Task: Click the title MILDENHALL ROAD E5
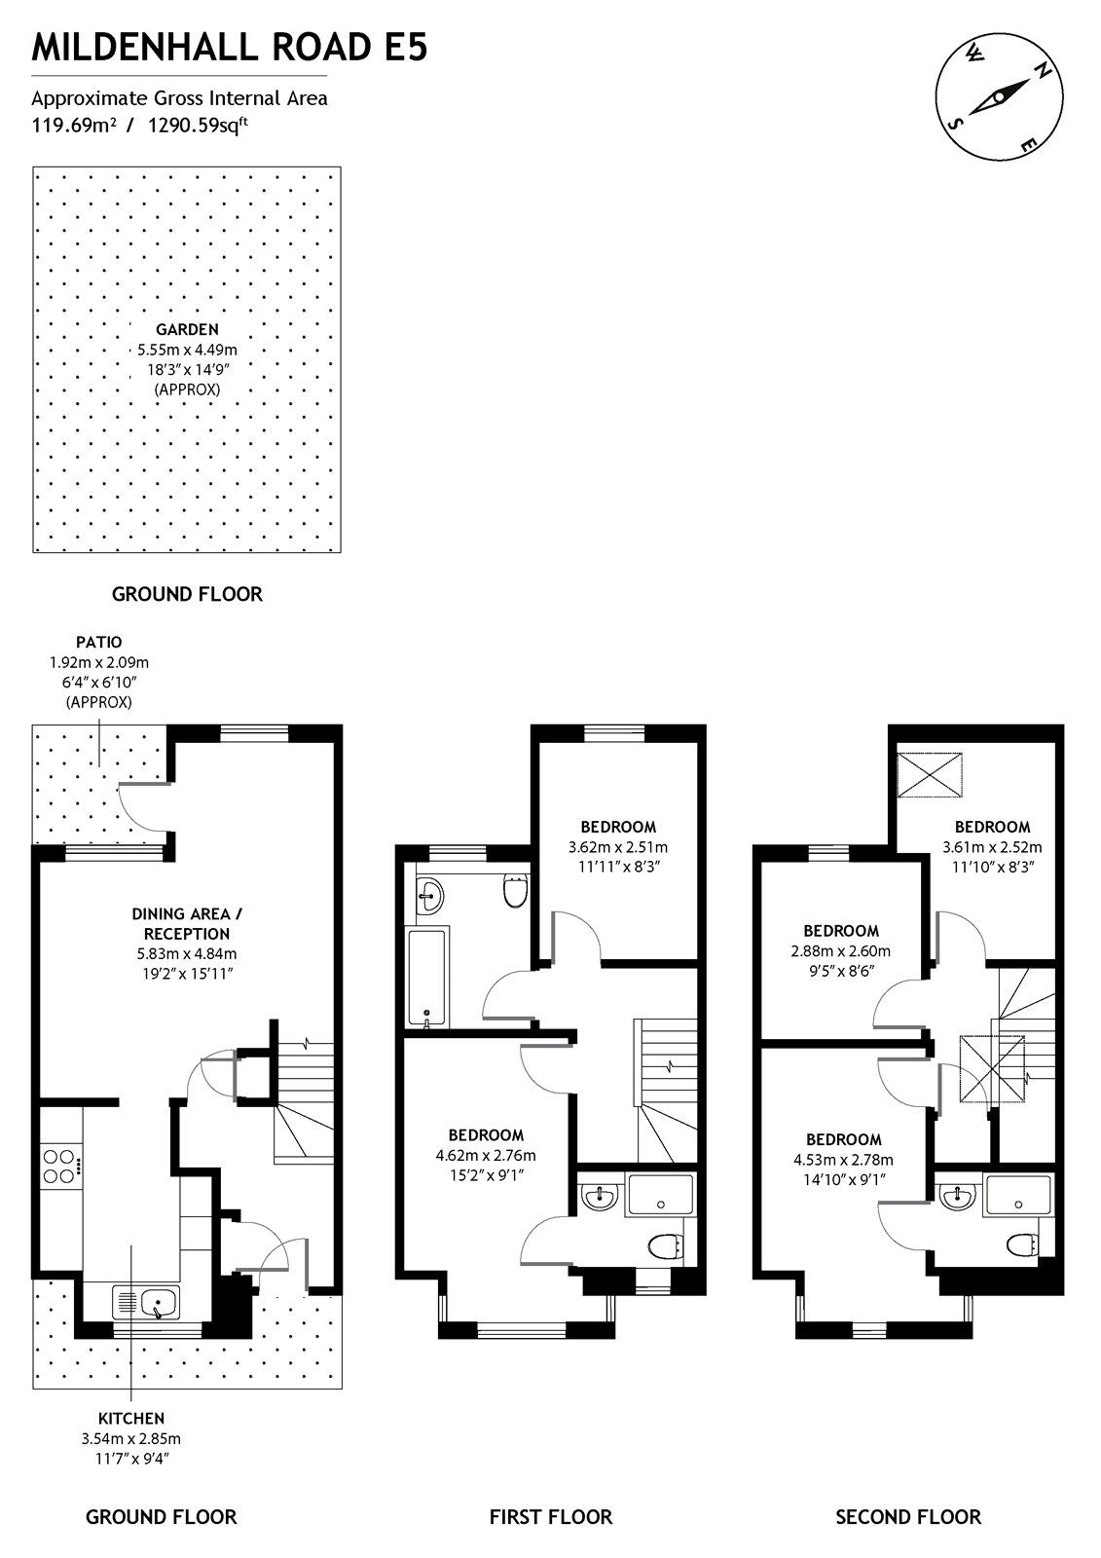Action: click(230, 47)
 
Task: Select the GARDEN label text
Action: click(187, 329)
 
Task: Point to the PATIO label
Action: click(99, 642)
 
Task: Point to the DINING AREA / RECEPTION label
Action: click(181, 923)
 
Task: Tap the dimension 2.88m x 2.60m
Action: click(840, 950)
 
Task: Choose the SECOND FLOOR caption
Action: click(908, 1516)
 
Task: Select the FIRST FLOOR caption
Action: click(550, 1516)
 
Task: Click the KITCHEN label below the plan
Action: click(130, 1418)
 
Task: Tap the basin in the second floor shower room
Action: click(959, 1196)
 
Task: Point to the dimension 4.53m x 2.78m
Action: click(843, 1160)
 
